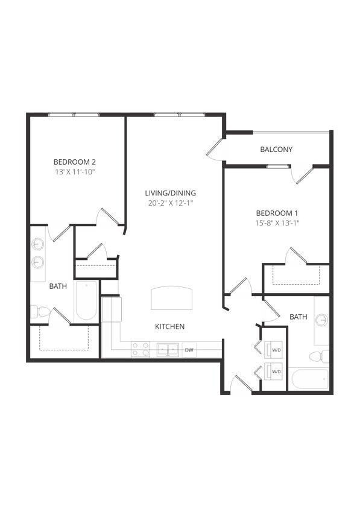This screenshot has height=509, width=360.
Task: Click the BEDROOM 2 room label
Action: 75,162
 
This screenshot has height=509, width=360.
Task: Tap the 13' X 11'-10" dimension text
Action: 75,172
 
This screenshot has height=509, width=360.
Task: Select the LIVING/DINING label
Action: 171,193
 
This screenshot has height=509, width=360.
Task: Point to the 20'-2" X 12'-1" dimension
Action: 171,203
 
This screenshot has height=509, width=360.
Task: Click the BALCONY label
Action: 276,150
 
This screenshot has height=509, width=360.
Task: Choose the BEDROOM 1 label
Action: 277,213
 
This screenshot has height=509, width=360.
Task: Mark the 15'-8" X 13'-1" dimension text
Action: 277,223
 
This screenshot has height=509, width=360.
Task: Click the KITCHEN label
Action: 169,327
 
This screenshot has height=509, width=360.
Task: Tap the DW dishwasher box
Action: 189,350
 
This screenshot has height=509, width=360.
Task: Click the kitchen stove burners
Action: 141,350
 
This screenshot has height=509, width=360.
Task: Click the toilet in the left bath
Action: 40,312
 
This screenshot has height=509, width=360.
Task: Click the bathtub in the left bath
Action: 86,300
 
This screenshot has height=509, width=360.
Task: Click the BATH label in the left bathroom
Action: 58,286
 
